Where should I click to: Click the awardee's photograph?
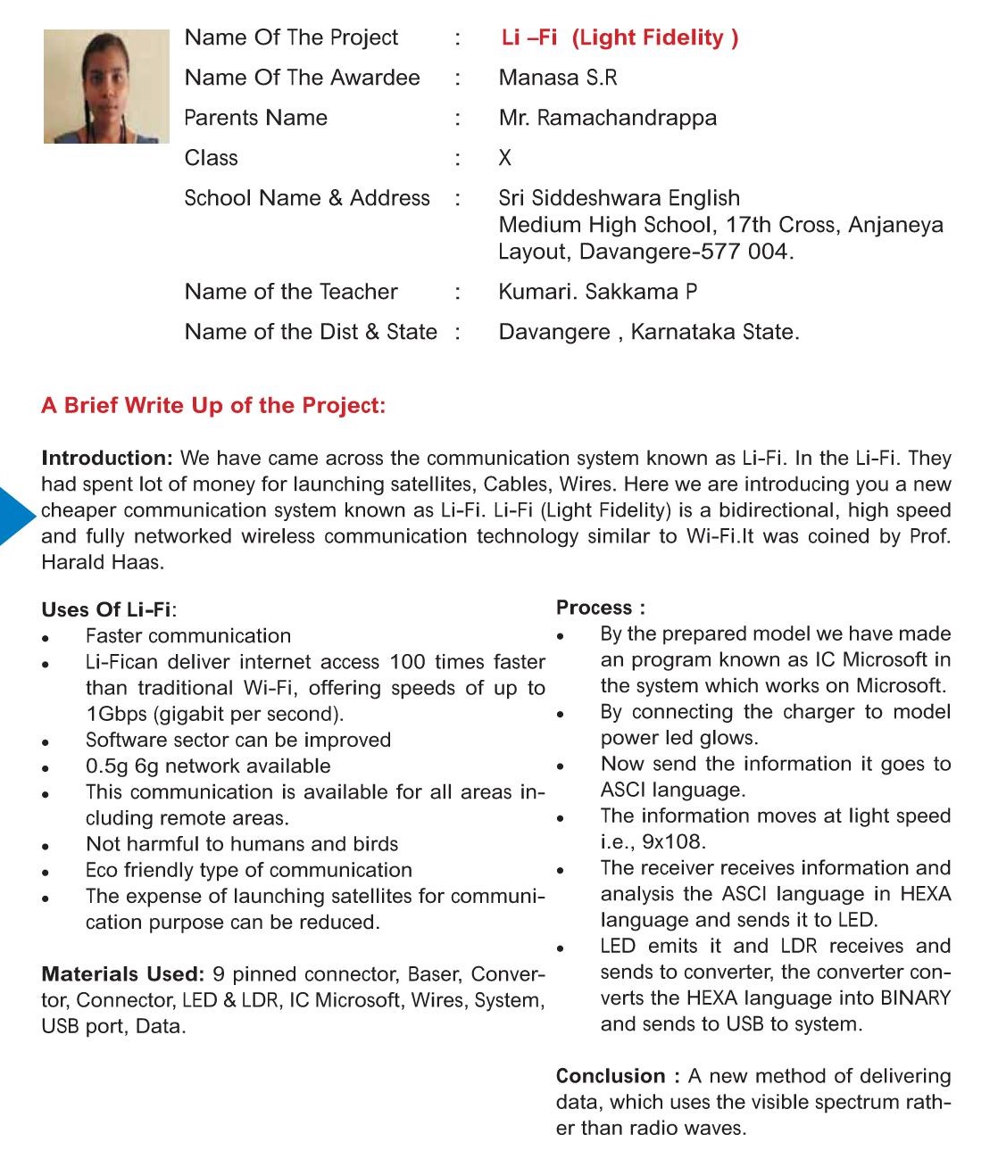(x=106, y=87)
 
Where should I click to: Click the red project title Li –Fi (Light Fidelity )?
(x=620, y=37)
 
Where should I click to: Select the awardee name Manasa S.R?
(x=558, y=78)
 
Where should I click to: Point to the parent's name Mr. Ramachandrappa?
(x=607, y=118)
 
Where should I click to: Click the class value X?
(x=505, y=158)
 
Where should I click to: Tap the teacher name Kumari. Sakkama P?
(x=597, y=292)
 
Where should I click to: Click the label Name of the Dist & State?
(x=311, y=332)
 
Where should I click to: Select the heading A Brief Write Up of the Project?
(x=213, y=406)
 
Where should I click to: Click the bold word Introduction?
(x=106, y=459)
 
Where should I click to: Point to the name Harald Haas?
(x=103, y=563)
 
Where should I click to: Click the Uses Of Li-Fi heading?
(x=108, y=610)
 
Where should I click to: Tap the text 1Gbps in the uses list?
(x=116, y=715)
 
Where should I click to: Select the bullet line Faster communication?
(x=188, y=636)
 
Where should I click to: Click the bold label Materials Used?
(x=122, y=974)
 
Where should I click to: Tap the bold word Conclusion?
(x=611, y=1077)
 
